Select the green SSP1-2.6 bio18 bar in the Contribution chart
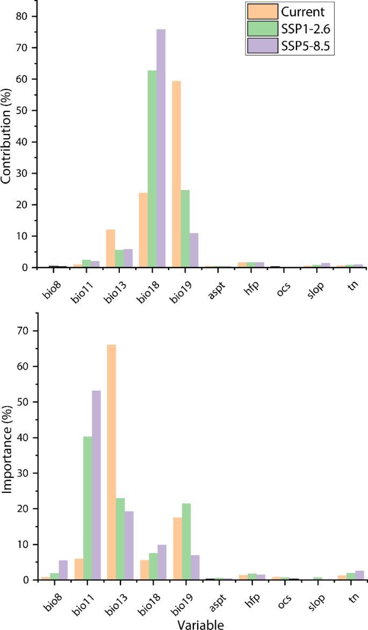(x=152, y=169)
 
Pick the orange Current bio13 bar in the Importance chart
(x=111, y=462)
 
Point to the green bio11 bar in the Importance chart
(x=87, y=508)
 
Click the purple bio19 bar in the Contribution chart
(x=194, y=250)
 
